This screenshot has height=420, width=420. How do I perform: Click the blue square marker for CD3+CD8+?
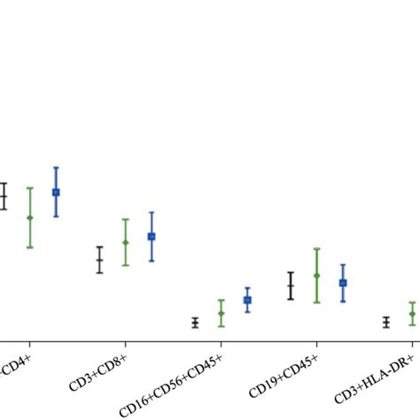(152, 237)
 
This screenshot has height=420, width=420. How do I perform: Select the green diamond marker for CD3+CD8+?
(125, 242)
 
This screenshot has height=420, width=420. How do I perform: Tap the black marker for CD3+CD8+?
(99, 260)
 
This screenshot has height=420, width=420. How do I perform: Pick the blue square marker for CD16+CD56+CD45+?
(247, 300)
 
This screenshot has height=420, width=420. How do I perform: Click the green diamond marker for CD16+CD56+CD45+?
(222, 313)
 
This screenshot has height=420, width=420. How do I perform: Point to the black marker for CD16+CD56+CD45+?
(195, 323)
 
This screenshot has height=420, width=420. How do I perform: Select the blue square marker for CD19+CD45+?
(343, 283)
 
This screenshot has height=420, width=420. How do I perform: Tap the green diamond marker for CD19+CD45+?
(316, 276)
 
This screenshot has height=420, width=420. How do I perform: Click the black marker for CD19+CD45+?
(291, 285)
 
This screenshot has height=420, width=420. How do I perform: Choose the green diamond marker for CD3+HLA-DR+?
(412, 314)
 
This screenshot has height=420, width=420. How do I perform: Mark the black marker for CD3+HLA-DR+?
(386, 323)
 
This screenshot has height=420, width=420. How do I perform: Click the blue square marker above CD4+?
(56, 191)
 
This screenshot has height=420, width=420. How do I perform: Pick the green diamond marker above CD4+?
(29, 217)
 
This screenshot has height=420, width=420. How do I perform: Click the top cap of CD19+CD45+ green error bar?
(316, 249)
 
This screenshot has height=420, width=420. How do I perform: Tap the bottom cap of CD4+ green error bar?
(29, 247)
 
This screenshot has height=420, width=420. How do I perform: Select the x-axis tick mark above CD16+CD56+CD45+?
(221, 340)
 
